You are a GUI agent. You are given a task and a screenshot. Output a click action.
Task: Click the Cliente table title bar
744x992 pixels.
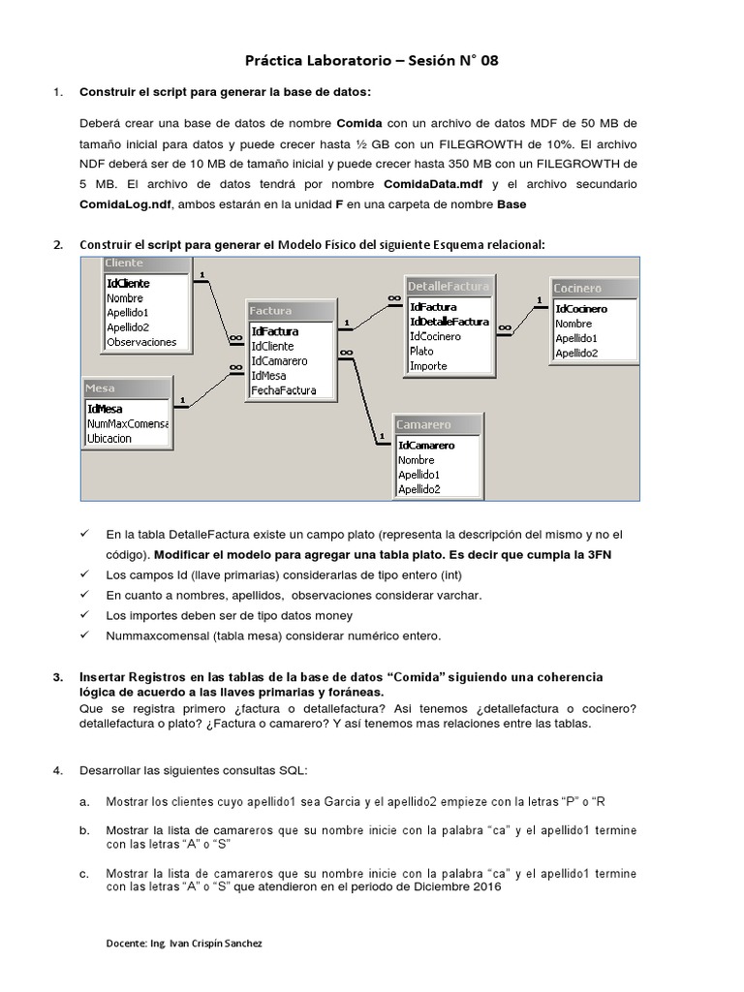coord(145,263)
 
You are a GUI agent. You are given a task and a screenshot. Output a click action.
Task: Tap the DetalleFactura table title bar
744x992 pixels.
coord(448,286)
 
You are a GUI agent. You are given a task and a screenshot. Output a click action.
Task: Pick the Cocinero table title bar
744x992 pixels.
coord(594,288)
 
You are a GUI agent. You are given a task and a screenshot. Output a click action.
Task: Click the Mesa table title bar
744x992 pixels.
coord(127,387)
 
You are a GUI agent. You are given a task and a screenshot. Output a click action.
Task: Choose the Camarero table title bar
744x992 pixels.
coord(438,424)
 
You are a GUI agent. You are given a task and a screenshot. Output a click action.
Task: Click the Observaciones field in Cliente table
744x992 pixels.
coord(141,342)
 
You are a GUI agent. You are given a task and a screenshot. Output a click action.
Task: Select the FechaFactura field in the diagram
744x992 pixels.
coord(284,390)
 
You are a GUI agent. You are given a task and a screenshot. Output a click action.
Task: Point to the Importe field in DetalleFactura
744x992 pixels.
coord(428,366)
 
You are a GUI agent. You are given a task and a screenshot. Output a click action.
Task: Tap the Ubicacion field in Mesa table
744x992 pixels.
coord(109,439)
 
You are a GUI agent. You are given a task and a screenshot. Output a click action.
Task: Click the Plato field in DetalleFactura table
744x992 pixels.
coord(421,352)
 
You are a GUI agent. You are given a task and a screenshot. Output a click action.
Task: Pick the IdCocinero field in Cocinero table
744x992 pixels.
coord(581,309)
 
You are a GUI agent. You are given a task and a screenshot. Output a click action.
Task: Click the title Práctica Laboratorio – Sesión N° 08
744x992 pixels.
coord(372,60)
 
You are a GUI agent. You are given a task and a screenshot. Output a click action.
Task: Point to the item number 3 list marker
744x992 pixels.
coord(57,676)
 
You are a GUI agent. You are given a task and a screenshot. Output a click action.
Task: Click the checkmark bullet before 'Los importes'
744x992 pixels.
coord(84,615)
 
